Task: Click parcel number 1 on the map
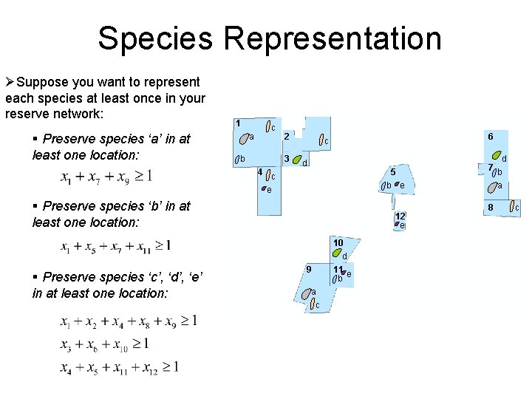click(237, 123)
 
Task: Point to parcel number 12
click(400, 216)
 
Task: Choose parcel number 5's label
click(393, 171)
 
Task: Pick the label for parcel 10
click(338, 242)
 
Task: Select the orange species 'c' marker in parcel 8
click(510, 208)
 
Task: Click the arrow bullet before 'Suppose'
click(10, 81)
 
